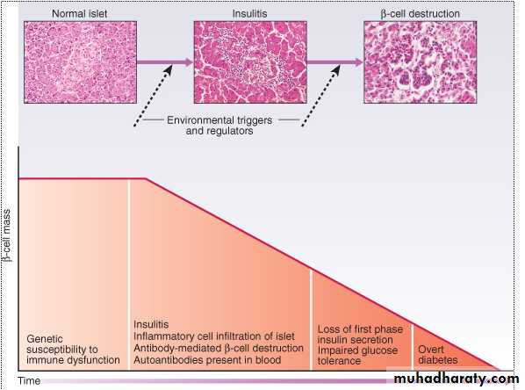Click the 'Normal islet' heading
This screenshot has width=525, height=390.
(79, 14)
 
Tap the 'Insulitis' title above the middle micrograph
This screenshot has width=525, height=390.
(250, 14)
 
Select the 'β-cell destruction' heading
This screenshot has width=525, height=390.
(420, 14)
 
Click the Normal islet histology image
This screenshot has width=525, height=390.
(81, 62)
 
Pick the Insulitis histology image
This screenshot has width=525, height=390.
(250, 62)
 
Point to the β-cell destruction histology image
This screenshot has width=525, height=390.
(421, 62)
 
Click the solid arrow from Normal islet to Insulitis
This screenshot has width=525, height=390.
(165, 62)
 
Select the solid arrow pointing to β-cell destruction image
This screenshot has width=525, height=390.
(335, 62)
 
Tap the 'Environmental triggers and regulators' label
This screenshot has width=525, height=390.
(219, 126)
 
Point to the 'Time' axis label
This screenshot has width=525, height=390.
(29, 381)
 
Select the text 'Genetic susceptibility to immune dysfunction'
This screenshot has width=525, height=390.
(73, 350)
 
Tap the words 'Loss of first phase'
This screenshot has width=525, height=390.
(360, 329)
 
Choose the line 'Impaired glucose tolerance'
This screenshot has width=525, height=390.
(357, 356)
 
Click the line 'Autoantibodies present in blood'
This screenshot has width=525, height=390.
(207, 360)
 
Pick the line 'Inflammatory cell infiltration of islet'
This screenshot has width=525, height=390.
(214, 336)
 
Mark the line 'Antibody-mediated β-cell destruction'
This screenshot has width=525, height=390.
(219, 348)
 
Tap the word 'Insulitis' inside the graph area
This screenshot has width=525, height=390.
(151, 324)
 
